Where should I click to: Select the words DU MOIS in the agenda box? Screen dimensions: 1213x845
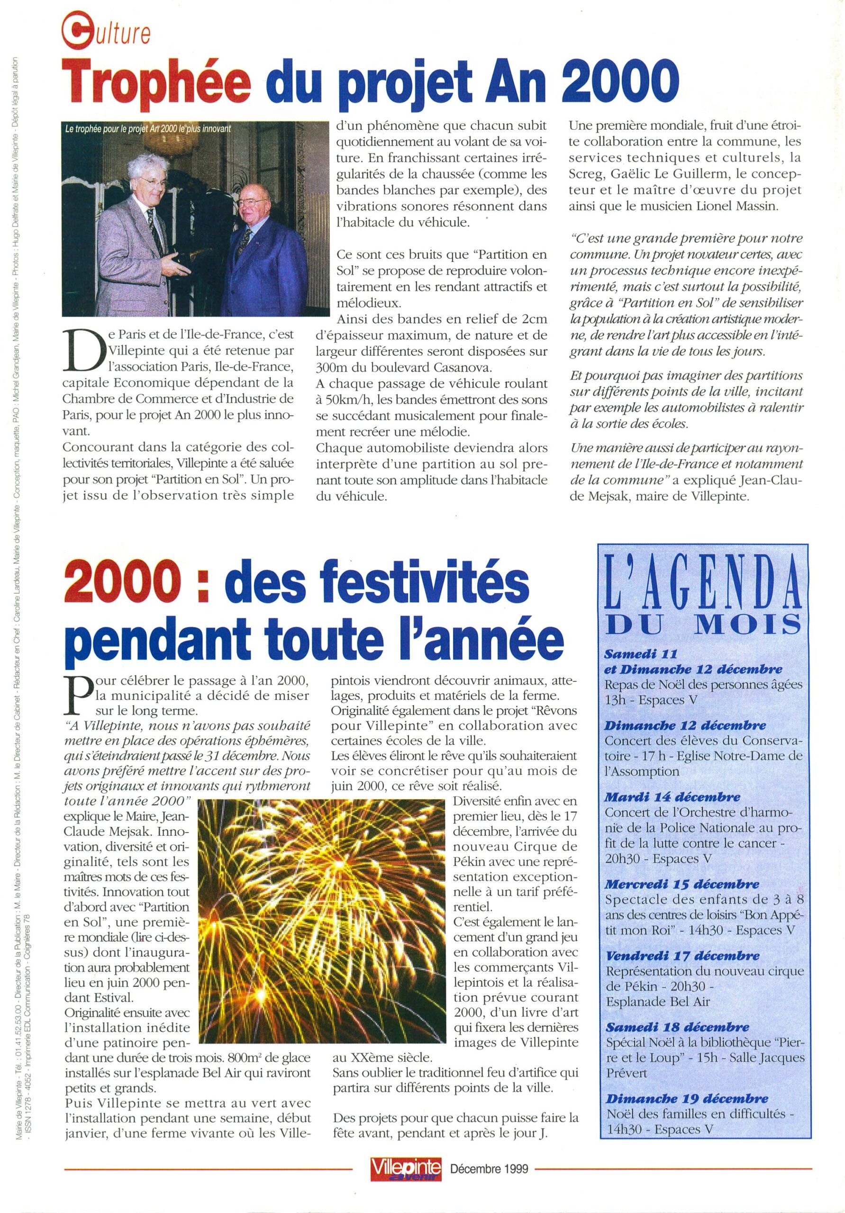point(702,626)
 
